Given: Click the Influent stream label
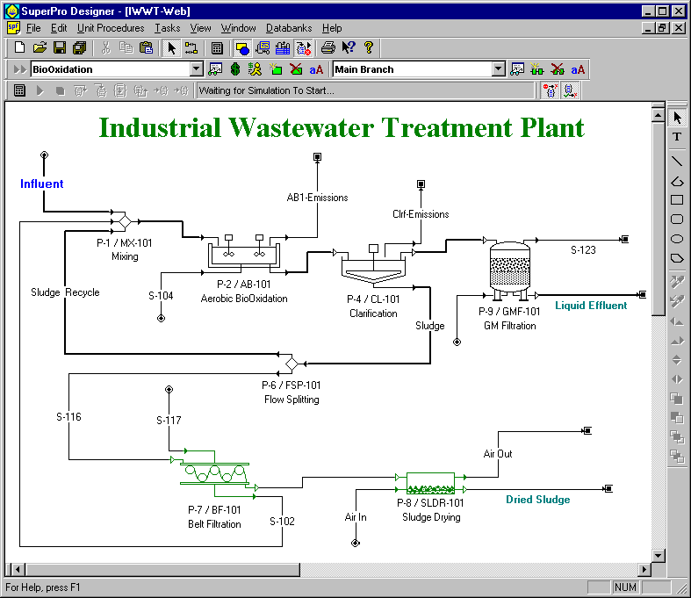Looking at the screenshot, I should [41, 184].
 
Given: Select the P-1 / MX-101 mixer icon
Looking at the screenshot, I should [120, 220].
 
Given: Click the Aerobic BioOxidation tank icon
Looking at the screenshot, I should [242, 255].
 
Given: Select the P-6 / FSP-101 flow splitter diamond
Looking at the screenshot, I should [291, 362].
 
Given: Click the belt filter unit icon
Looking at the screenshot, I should [214, 474].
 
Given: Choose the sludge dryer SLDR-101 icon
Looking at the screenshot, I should [430, 482].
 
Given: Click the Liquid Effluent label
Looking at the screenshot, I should [591, 306].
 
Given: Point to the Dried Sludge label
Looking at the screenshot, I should [537, 500].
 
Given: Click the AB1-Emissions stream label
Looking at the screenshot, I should [317, 198].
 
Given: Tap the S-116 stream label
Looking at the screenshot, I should [68, 417].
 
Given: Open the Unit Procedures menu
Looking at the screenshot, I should [111, 28].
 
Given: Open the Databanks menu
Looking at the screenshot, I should [288, 28].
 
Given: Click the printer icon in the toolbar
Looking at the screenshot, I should [328, 48].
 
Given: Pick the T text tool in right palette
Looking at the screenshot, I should [677, 137].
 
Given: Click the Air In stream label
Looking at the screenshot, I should [356, 517].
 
